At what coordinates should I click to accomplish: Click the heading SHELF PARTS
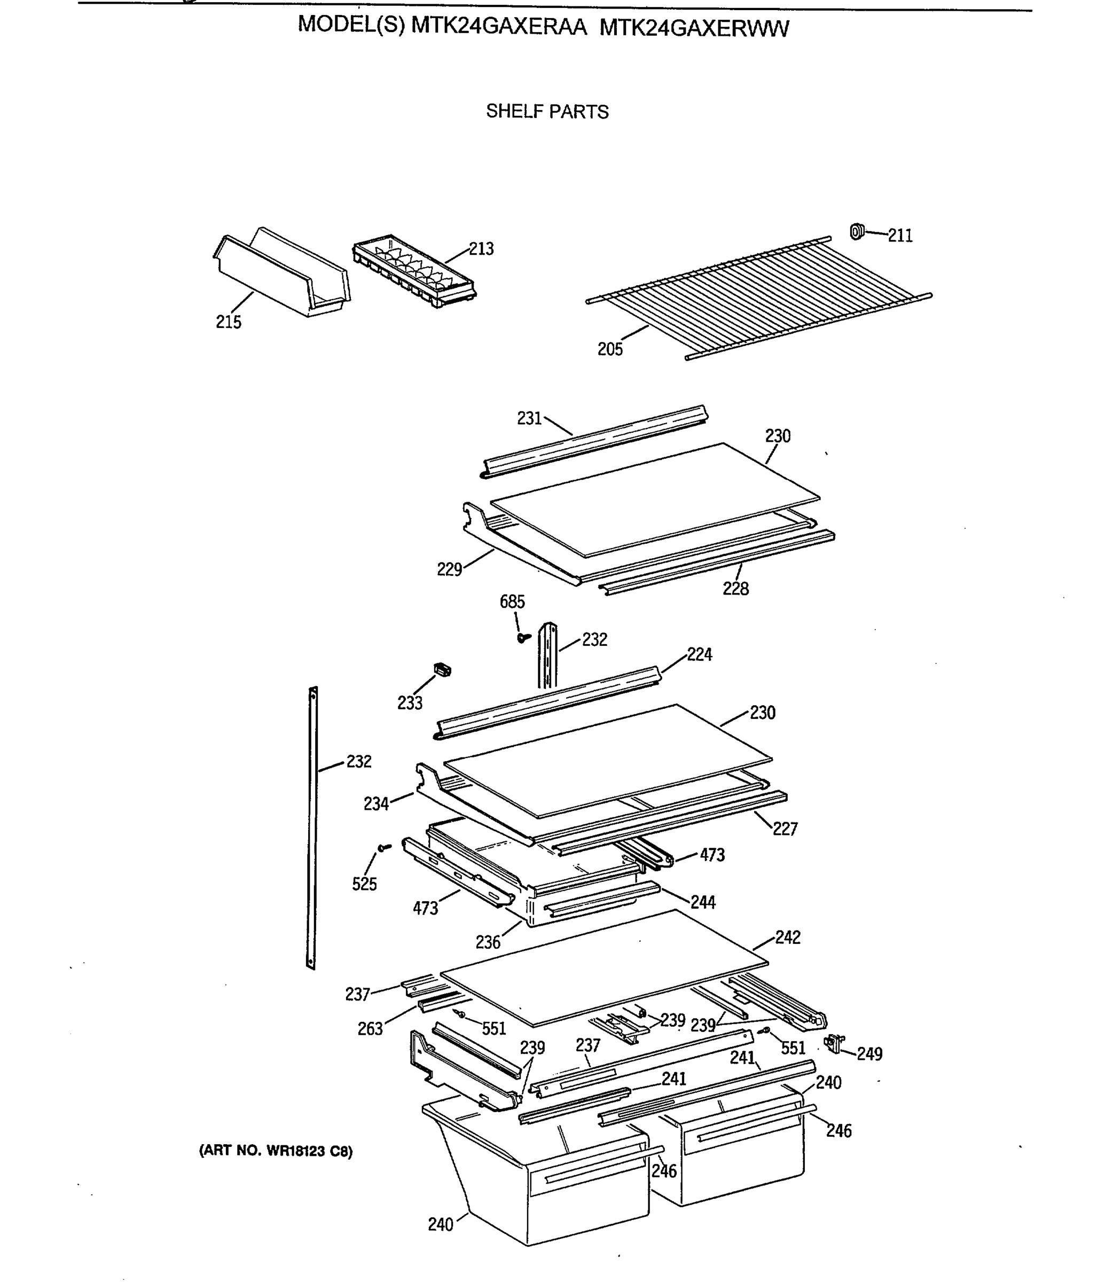point(547,112)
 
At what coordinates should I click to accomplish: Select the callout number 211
point(900,236)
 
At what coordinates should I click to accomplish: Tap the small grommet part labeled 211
point(857,232)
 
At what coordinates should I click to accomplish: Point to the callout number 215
point(228,322)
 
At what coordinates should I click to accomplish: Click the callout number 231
point(529,419)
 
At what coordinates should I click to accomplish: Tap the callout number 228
point(735,588)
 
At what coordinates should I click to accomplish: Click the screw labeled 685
point(523,637)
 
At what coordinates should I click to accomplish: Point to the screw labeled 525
point(385,847)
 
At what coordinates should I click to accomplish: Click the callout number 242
point(788,937)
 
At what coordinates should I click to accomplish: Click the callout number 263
point(370,1029)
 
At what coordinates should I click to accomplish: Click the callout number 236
point(488,942)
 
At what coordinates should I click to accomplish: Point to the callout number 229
point(449,569)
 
